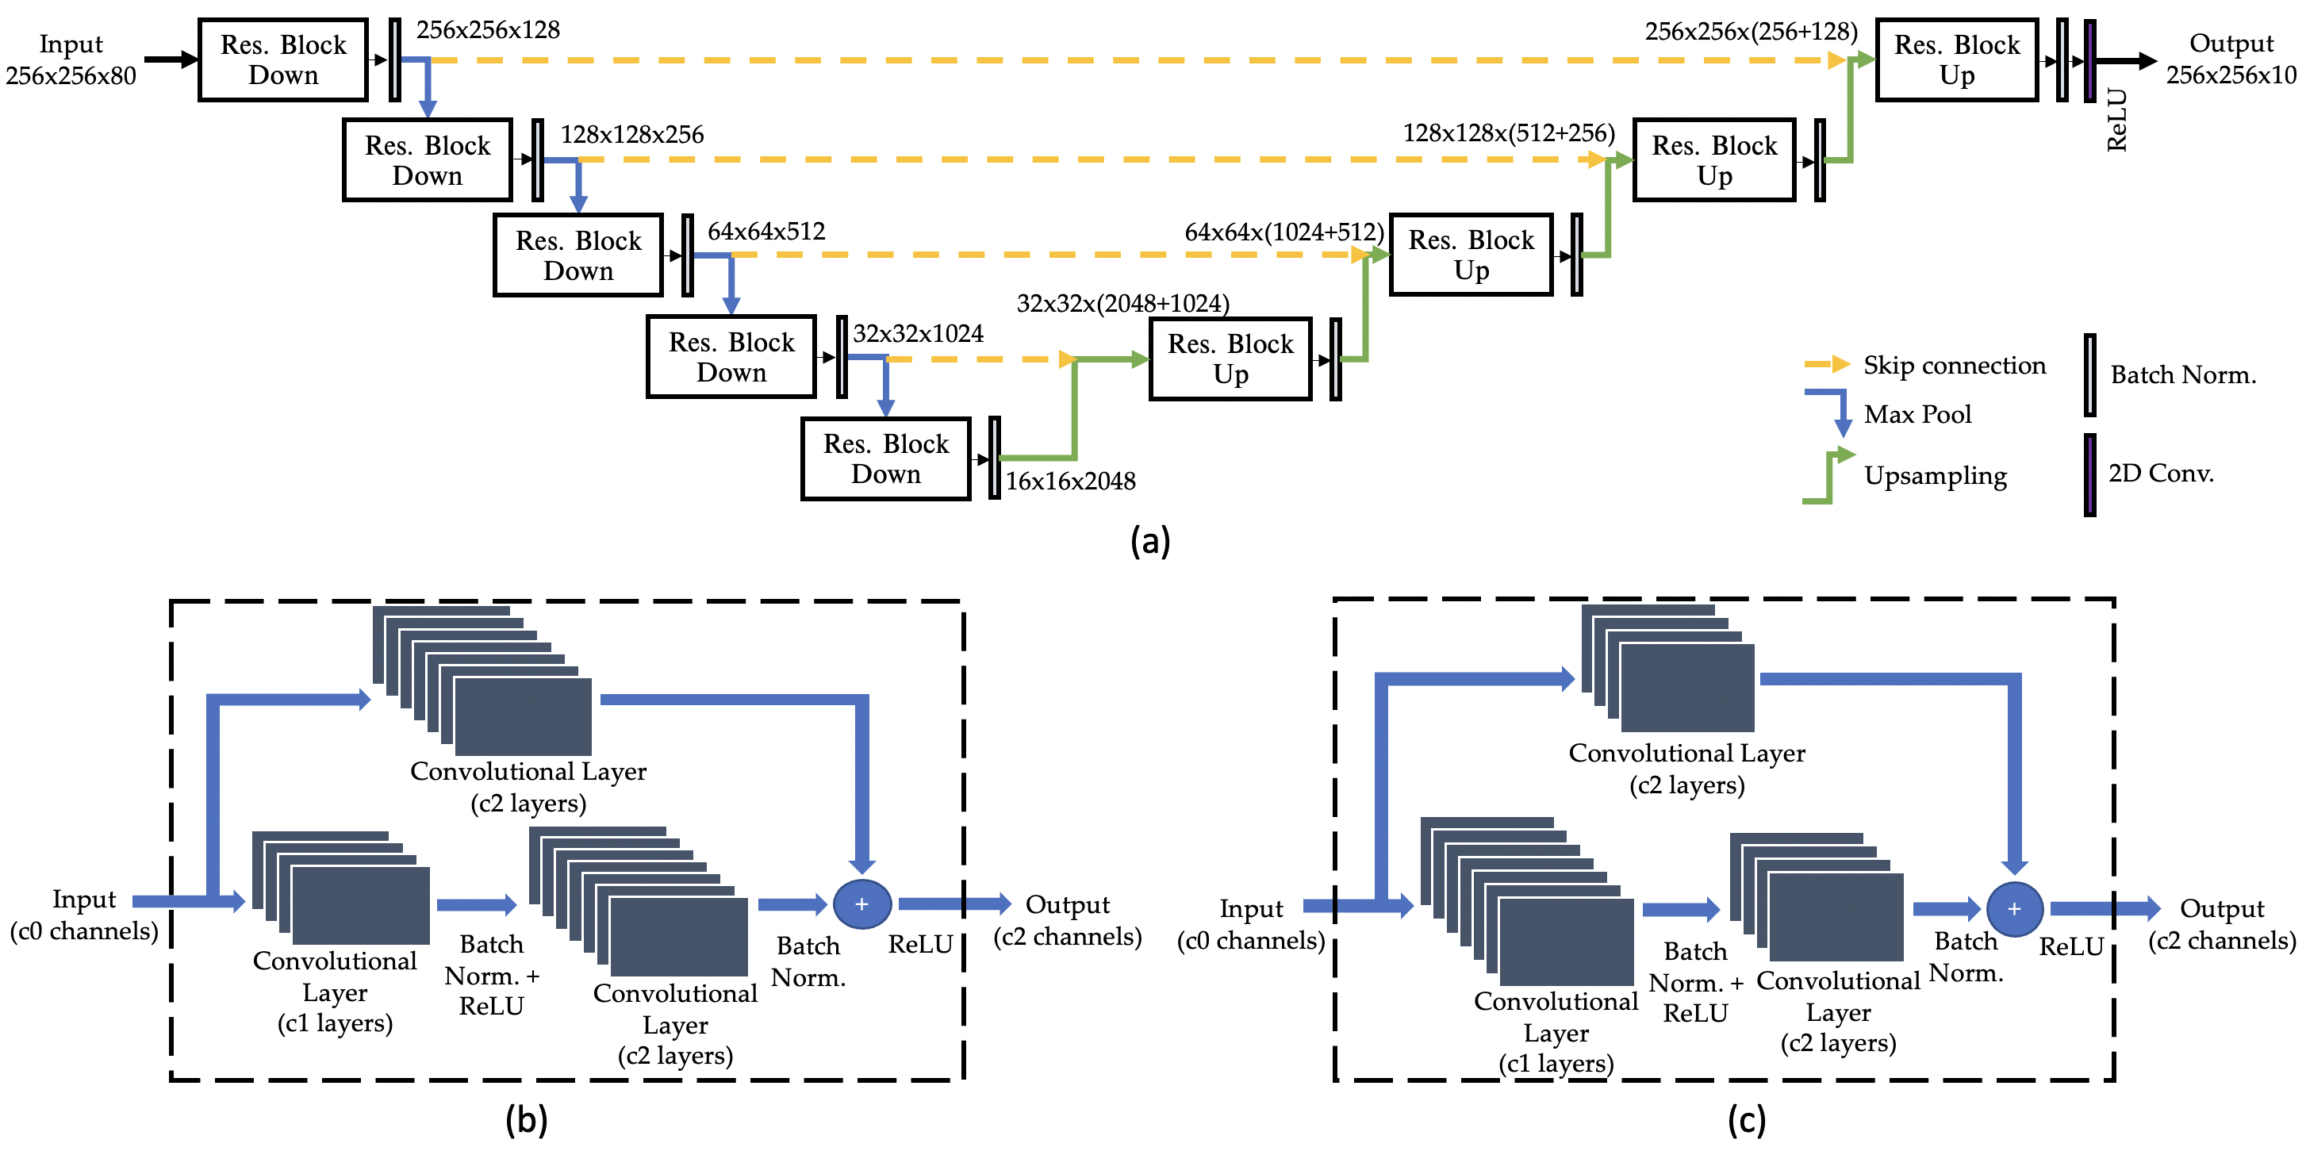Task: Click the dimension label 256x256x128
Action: click(488, 30)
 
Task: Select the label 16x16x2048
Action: click(1070, 482)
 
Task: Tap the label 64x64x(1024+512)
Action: click(1283, 232)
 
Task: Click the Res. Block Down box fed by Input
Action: click(283, 60)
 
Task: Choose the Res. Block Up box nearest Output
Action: click(1956, 60)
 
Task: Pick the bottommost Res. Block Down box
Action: click(885, 458)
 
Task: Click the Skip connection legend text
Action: click(1955, 365)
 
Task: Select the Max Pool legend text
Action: click(1917, 414)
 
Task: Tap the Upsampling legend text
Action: click(1935, 475)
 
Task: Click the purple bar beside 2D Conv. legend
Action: click(2089, 474)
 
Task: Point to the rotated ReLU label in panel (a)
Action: click(2116, 120)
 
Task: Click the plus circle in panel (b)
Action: click(861, 904)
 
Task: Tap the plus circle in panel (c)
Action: click(2014, 908)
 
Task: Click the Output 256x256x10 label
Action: click(2231, 59)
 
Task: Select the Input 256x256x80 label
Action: click(71, 60)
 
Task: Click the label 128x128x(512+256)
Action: click(1509, 133)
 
